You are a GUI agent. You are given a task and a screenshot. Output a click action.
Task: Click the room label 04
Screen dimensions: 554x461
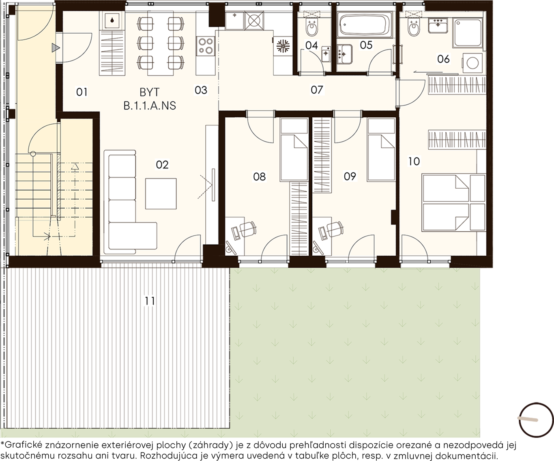pos(311,45)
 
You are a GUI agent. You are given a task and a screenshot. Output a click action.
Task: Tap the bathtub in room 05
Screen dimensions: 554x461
pos(365,25)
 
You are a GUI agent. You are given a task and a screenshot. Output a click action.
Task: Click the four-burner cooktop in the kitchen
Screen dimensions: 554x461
pos(206,46)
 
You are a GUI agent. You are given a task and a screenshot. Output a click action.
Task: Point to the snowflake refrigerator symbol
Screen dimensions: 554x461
pos(283,46)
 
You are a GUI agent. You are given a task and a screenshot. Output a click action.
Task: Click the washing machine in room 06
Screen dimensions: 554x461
pos(472,63)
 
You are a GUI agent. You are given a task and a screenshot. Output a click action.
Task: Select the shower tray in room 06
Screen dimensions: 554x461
pos(468,32)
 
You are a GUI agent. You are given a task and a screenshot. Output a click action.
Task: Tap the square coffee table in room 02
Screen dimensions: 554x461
pos(161,194)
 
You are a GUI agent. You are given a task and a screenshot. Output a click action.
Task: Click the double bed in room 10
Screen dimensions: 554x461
pos(454,202)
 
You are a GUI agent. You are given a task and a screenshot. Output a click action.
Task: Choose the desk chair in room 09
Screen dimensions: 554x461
pos(335,228)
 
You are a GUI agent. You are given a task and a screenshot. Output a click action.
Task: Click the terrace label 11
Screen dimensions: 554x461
pos(150,301)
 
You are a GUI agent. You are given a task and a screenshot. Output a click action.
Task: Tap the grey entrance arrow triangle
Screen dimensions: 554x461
pos(56,48)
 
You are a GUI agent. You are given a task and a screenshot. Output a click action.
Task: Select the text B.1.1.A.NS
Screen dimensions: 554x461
pos(150,106)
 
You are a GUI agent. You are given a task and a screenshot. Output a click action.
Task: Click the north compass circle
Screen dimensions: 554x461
pos(536,420)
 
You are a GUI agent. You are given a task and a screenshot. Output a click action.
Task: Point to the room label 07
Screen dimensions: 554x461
pos(317,90)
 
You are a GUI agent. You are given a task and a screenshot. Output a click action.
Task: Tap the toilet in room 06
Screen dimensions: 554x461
pos(414,28)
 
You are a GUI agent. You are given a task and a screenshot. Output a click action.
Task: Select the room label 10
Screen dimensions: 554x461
pos(414,162)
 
